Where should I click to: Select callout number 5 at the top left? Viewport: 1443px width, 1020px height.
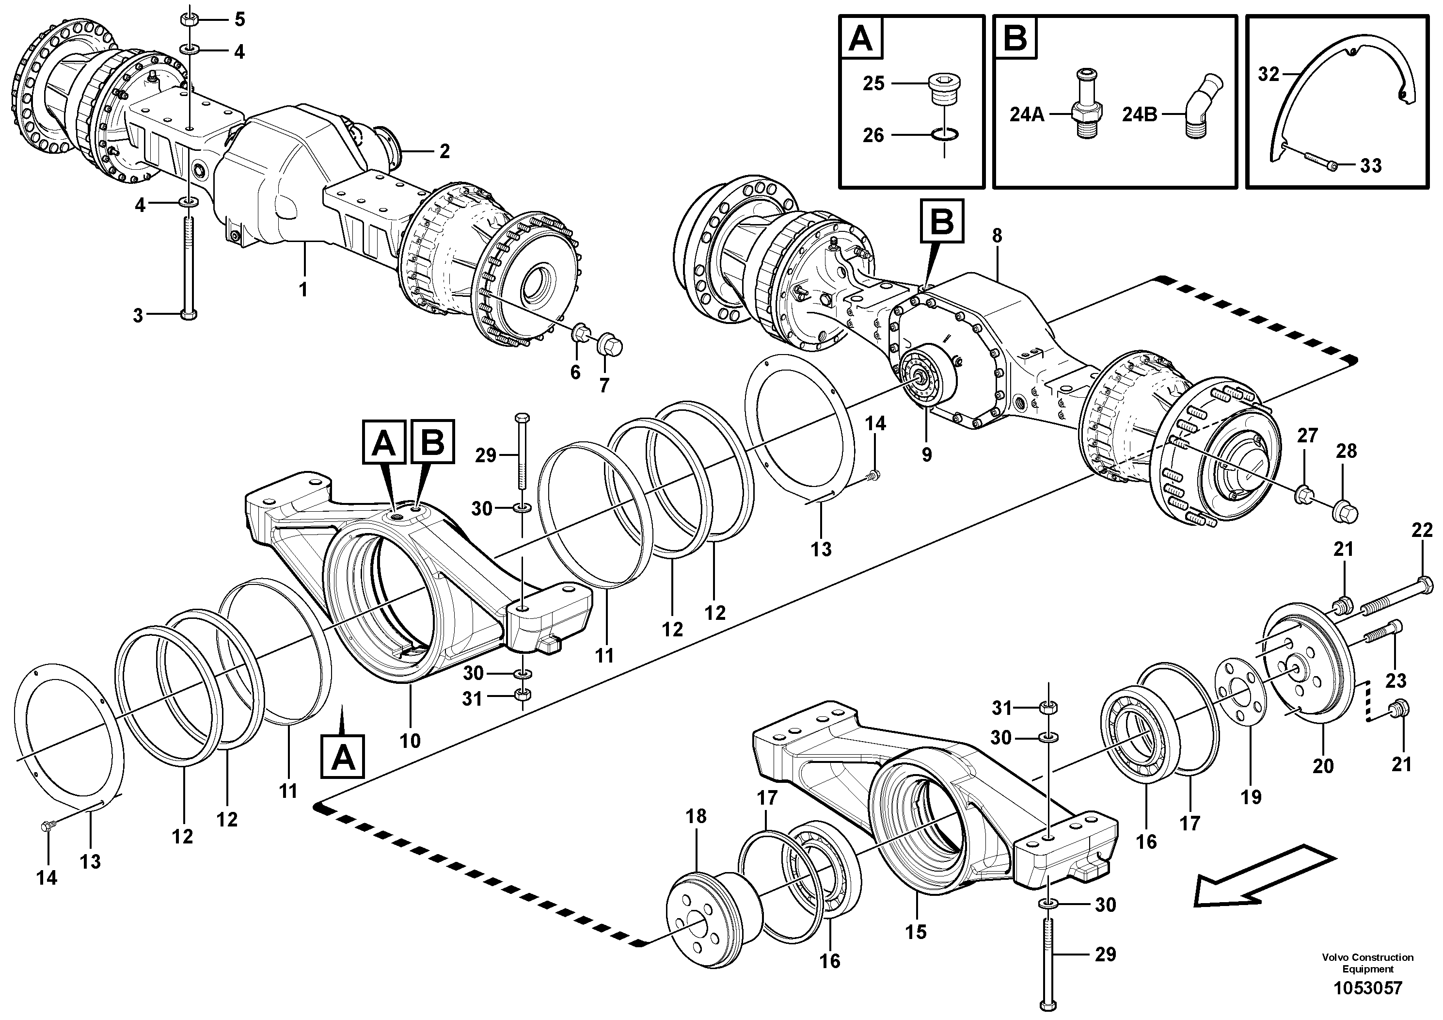(x=239, y=19)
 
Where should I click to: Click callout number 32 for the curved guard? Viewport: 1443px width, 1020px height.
(x=1269, y=74)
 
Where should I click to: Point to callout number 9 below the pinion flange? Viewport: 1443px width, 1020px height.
(x=926, y=454)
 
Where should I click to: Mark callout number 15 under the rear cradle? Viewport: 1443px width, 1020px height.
(x=916, y=931)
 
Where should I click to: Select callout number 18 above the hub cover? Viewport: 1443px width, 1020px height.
(x=696, y=816)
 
